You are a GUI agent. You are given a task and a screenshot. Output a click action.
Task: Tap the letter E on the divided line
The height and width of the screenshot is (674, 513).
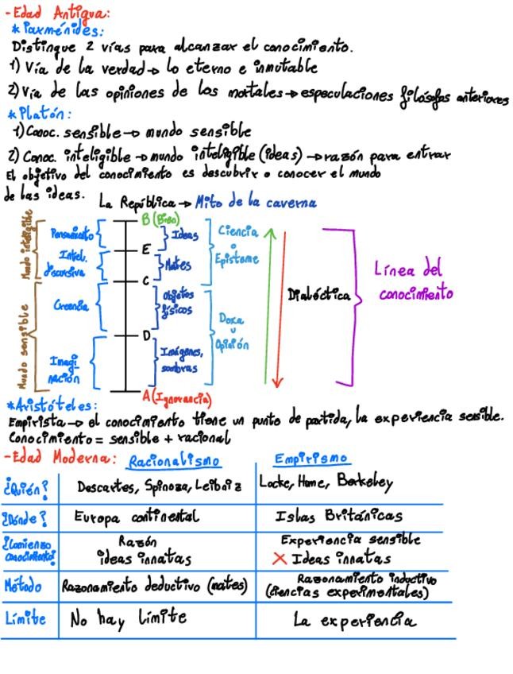point(145,250)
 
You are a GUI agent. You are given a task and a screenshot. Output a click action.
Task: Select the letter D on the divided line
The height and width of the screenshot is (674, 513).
point(146,336)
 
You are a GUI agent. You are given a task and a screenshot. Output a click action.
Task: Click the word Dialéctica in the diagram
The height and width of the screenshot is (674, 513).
point(319,296)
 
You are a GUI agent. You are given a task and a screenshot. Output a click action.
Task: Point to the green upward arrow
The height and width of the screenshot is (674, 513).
point(268,302)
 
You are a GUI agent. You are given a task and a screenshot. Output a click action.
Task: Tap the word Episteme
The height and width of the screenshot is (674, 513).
point(237,258)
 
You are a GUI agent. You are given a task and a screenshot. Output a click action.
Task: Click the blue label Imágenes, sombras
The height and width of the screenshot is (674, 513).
point(182,359)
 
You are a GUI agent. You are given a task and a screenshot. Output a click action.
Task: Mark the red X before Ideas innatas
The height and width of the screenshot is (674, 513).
point(279,558)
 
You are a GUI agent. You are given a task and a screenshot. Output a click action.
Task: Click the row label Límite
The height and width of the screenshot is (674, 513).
point(25,618)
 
